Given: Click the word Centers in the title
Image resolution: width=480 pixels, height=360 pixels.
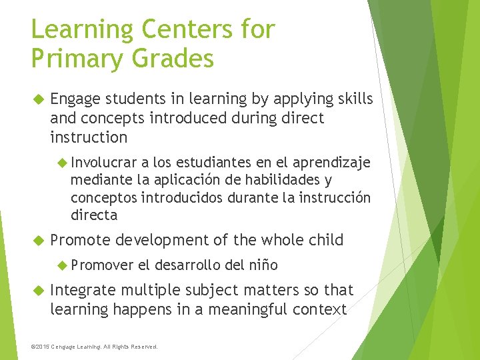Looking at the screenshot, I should pyautogui.click(x=183, y=29).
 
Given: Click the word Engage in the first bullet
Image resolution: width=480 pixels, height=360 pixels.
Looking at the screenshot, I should pyautogui.click(x=75, y=99).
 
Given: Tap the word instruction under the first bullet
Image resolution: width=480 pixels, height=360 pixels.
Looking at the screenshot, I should pyautogui.click(x=89, y=137).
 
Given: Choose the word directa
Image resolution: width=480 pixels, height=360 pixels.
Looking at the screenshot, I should pyautogui.click(x=94, y=215).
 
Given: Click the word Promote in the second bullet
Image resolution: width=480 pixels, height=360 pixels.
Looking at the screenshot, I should pyautogui.click(x=79, y=240).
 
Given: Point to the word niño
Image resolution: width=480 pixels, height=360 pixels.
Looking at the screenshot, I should pyautogui.click(x=264, y=265).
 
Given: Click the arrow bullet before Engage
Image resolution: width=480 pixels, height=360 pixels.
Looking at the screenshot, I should pyautogui.click(x=37, y=99).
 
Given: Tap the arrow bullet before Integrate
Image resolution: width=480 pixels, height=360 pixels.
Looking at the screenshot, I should pyautogui.click(x=37, y=290).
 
